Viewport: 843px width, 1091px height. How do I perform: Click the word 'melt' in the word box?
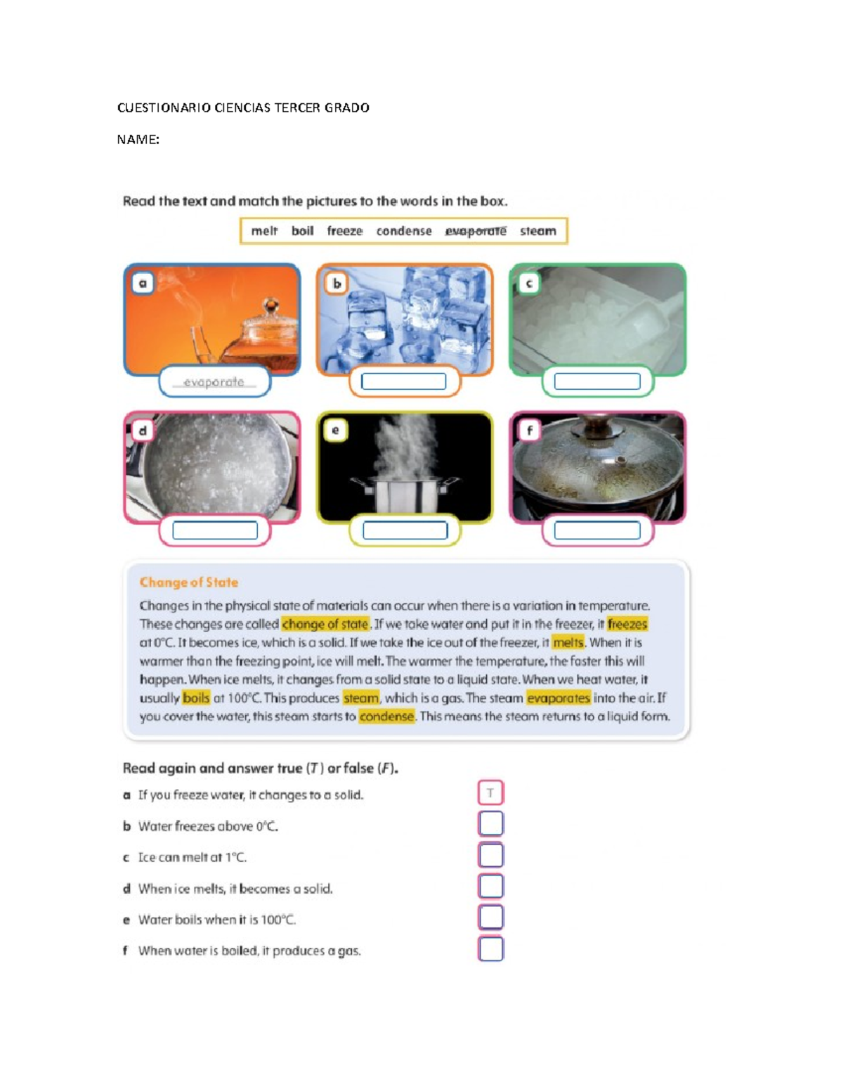click(x=264, y=231)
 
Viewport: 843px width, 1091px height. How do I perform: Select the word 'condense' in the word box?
click(x=403, y=231)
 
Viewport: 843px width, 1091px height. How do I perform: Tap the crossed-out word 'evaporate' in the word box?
click(x=476, y=231)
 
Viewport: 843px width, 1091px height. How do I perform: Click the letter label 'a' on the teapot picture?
click(x=143, y=283)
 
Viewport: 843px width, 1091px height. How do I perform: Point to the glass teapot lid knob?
click(x=270, y=306)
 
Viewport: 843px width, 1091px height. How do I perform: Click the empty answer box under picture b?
click(x=403, y=381)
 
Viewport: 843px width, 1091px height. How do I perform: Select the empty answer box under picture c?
click(x=597, y=381)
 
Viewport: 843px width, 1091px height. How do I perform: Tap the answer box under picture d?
click(x=215, y=530)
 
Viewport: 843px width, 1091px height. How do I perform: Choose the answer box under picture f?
click(x=597, y=530)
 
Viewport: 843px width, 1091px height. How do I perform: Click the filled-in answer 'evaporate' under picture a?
click(x=214, y=382)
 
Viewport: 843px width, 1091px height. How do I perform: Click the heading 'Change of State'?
click(x=188, y=582)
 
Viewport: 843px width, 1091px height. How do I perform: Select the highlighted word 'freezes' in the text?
click(x=627, y=624)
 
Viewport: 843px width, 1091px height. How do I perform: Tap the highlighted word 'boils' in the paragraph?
click(x=196, y=698)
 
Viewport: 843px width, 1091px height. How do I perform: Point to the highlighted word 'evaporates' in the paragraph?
click(x=558, y=698)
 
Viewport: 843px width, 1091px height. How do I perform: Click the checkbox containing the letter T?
click(x=490, y=793)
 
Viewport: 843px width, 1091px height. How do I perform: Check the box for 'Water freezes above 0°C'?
click(x=490, y=824)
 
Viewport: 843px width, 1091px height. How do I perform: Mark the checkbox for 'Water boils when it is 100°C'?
click(x=490, y=917)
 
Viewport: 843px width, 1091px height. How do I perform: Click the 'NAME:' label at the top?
click(x=138, y=140)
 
